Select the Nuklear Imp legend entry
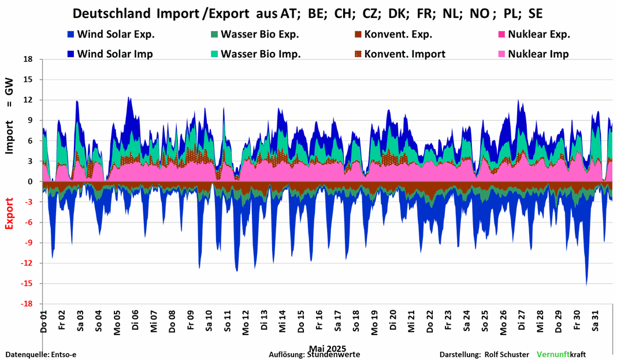coord(538,54)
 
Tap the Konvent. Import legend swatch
coord(359,54)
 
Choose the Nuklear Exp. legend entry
coord(538,34)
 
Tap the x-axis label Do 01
coord(44,320)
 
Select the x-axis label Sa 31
coord(596,320)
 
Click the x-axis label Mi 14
coord(283,320)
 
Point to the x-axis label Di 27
coord(522,320)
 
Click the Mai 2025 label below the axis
coord(328,348)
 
